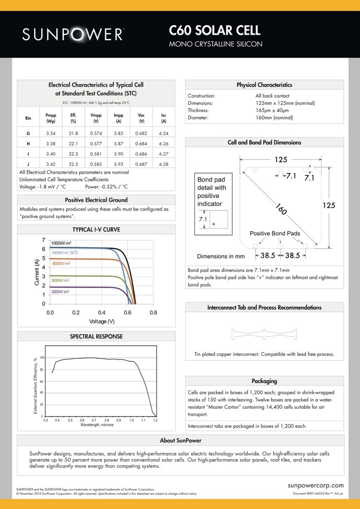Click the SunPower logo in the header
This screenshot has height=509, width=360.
click(73, 34)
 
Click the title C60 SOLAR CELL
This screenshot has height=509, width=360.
click(214, 31)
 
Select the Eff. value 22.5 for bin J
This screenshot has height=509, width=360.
click(73, 164)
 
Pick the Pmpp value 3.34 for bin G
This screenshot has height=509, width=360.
click(50, 133)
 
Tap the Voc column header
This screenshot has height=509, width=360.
click(141, 119)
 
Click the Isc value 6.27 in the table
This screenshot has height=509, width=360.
click(163, 154)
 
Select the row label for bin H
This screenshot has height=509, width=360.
click(28, 144)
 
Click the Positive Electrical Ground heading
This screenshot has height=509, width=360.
click(96, 200)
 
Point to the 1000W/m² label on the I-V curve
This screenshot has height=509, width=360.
click(61, 243)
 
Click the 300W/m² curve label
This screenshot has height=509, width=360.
click(61, 292)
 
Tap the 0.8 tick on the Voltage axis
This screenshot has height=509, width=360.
click(153, 312)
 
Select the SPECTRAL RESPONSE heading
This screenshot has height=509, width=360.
click(96, 336)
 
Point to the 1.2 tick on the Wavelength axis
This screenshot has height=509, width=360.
click(155, 420)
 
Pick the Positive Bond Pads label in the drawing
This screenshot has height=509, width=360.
click(274, 233)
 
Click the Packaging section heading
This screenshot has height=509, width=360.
click(264, 381)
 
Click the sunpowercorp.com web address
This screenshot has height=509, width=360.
click(316, 486)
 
